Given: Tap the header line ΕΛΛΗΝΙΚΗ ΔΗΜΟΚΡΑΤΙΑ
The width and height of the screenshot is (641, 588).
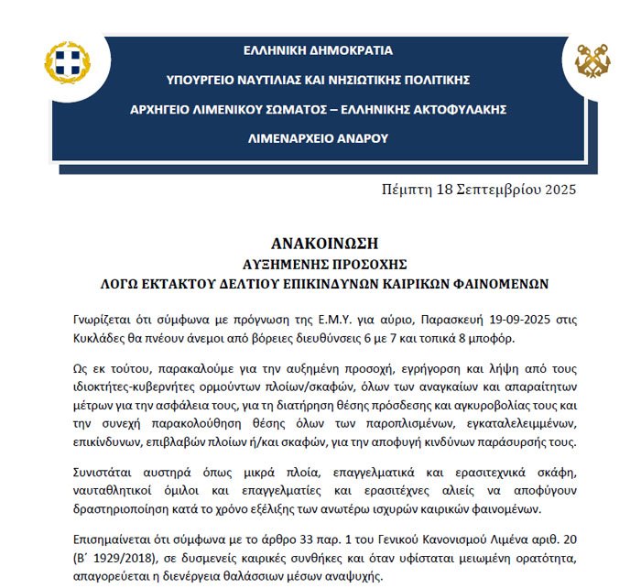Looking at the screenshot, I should (x=318, y=49).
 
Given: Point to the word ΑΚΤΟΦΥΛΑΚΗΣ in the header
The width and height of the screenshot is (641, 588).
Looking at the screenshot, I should (x=453, y=110).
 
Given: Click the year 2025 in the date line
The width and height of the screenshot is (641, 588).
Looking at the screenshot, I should (x=557, y=191).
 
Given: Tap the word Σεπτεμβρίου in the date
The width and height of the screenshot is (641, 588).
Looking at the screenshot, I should (x=488, y=191).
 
